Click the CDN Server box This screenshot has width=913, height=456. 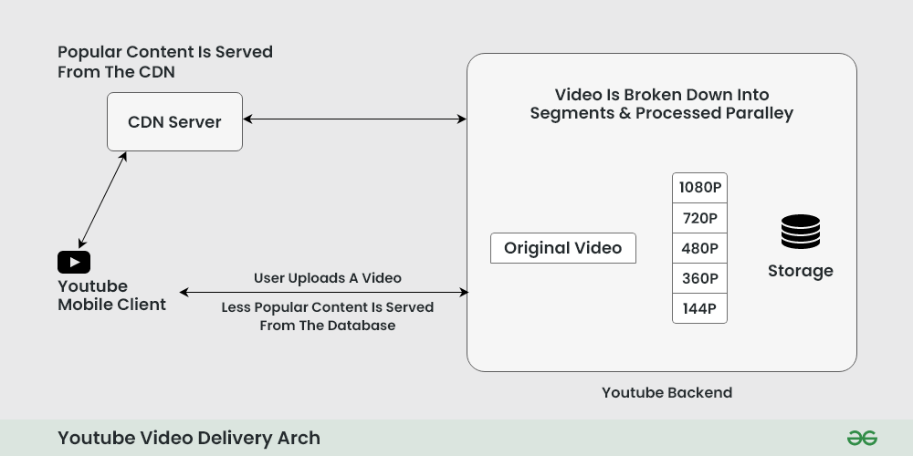coord(174,121)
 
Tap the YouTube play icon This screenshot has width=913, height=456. coord(74,263)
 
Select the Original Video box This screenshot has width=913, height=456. coord(562,248)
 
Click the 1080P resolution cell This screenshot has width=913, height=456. coord(699,188)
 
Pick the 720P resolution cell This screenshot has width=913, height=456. coord(699,218)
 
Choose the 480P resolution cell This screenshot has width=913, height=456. coord(699,248)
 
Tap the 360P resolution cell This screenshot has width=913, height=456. coord(699,278)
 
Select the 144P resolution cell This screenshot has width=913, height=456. coord(699,308)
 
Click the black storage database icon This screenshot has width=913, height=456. coord(800,232)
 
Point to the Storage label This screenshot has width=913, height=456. coord(800,271)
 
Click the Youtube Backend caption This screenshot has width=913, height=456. coord(666,393)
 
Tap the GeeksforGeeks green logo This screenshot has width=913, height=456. coord(862,438)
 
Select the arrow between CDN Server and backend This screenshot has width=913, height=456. coord(354,119)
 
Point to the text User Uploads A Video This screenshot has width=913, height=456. coord(327,277)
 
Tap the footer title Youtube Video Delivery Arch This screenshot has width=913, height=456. coord(189,438)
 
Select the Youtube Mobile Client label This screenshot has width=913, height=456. coord(111,295)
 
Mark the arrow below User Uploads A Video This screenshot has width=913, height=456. coord(324,292)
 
